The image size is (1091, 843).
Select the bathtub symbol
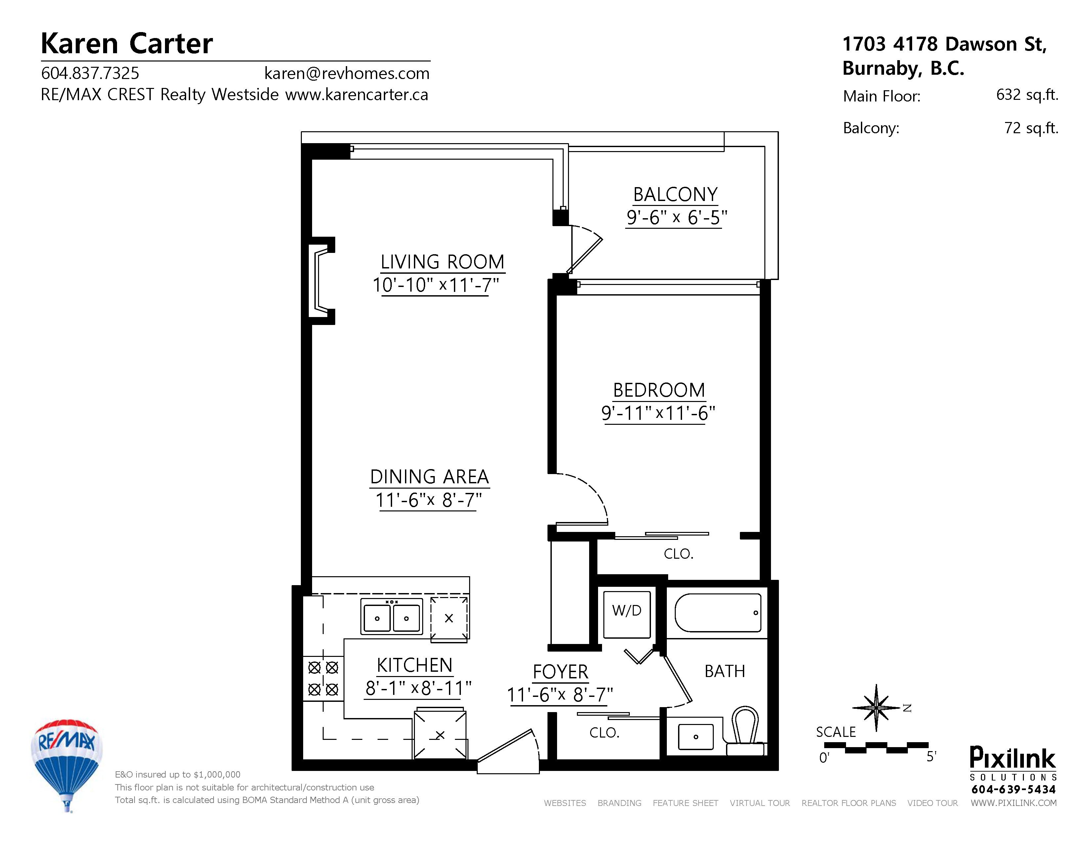pyautogui.click(x=718, y=613)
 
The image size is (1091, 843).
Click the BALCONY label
pyautogui.click(x=675, y=194)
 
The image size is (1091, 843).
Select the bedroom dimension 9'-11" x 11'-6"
pyautogui.click(x=658, y=414)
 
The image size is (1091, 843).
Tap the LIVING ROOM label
pyautogui.click(x=442, y=262)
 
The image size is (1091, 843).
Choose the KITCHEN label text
pyautogui.click(x=414, y=665)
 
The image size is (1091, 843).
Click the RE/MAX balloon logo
pyautogui.click(x=66, y=761)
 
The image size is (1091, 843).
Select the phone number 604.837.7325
pyautogui.click(x=90, y=73)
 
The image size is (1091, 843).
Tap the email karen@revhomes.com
pyautogui.click(x=347, y=73)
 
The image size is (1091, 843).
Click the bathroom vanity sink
pyautogui.click(x=695, y=737)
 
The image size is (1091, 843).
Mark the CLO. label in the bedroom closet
pyautogui.click(x=678, y=553)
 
